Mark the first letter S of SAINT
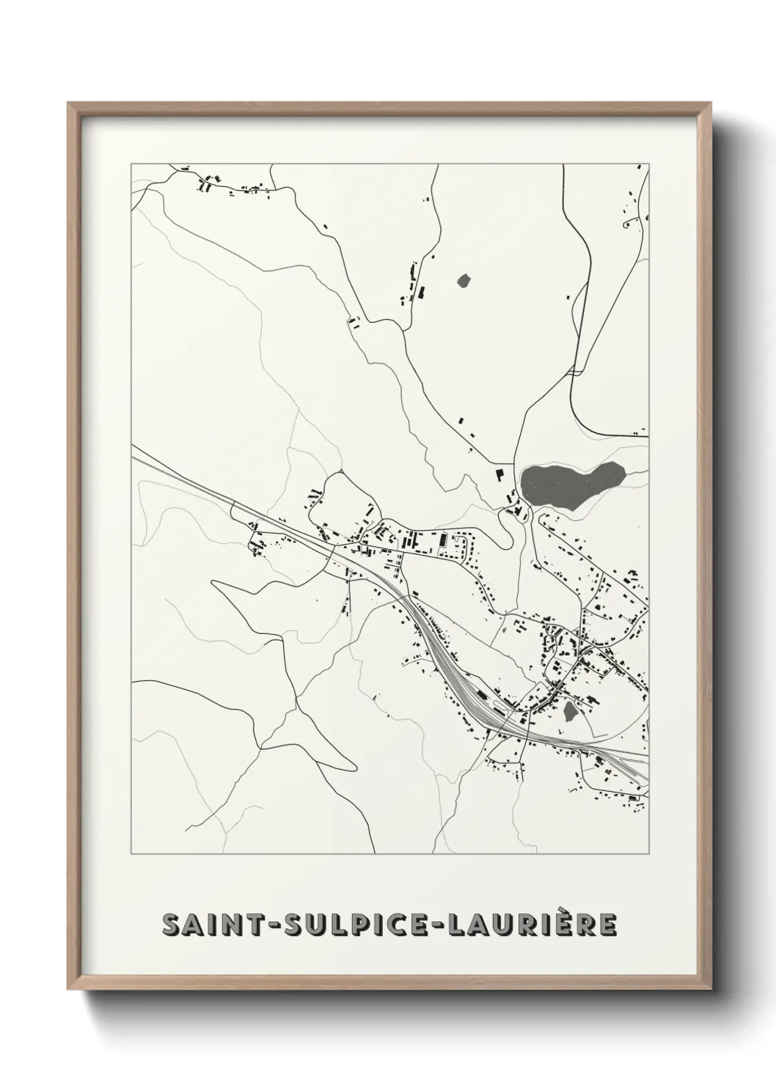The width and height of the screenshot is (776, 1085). point(172,925)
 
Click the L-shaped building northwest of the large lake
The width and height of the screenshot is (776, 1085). point(500,476)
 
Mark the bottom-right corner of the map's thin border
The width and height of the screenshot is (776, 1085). point(648,853)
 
